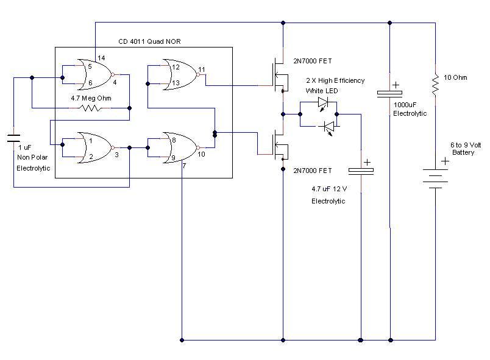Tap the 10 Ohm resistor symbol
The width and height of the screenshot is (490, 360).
coord(435,85)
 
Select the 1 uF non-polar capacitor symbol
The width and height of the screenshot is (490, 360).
coord(14,138)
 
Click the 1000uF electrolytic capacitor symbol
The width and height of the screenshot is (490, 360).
coord(389,93)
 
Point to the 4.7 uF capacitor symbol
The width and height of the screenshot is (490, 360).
coord(361,171)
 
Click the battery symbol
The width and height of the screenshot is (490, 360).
coord(435,178)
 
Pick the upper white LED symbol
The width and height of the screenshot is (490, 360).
coord(323,102)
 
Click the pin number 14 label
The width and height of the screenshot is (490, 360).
coord(101,58)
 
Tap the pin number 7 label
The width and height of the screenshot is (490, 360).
coord(185,166)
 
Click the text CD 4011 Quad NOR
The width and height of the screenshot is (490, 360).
coord(149,41)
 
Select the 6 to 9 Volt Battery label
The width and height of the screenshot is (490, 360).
coord(465,149)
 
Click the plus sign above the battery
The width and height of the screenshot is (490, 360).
coord(445,161)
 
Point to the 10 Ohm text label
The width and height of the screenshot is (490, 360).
coord(455,77)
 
